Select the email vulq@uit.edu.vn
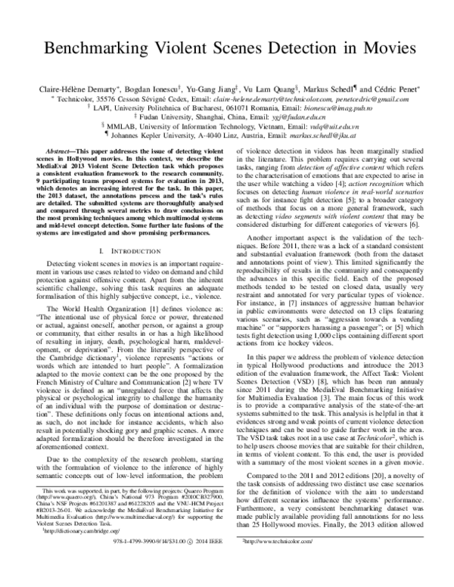point(315,128)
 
